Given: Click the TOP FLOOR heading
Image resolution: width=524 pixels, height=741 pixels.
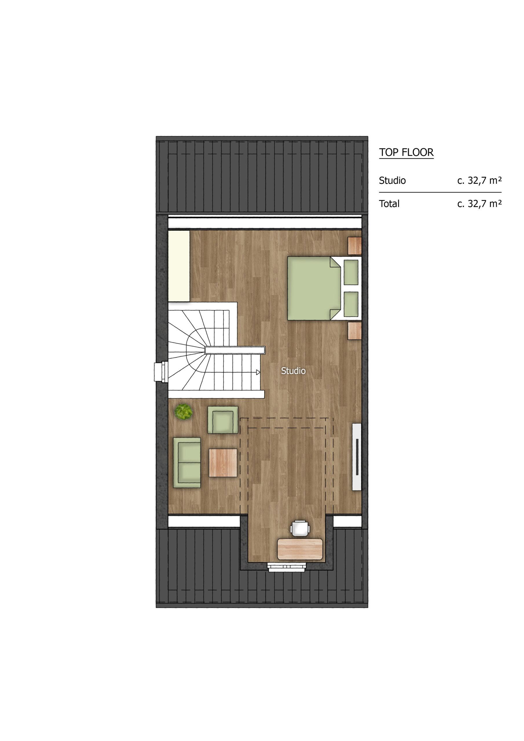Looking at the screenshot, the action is pos(406,152).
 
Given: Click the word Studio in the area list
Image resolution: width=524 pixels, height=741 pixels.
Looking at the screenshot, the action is pos(392,180).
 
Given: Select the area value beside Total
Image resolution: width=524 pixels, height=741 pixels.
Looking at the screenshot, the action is pos(479,204).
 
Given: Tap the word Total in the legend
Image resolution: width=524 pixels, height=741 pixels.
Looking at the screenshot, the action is pos(389,204).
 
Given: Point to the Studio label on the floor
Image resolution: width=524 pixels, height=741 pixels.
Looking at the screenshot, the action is pos(293,371).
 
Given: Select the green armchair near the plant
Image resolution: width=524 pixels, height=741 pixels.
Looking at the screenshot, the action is pos(223,420).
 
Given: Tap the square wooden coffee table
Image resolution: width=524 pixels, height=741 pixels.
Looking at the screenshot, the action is pos(223,463).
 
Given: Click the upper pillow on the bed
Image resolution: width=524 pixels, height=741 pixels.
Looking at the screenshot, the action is pos(351,272).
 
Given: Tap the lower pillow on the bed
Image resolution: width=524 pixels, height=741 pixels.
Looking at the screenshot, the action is pos(351,304).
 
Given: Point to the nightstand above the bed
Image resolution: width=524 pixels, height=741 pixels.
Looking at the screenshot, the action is pos(355,246).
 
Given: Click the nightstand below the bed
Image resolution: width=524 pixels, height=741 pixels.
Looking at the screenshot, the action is pos(355,331).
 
